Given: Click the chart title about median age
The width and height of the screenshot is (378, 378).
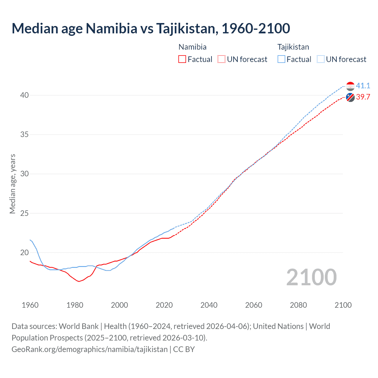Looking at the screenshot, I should tap(151, 28).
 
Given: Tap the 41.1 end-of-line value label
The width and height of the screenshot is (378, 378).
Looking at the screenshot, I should tap(363, 86).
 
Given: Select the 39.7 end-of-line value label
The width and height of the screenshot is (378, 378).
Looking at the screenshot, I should tap(363, 97).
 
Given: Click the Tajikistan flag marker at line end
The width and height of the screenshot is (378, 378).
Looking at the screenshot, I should tap(350, 86).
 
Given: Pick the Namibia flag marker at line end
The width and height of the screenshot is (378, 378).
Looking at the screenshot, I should tap(350, 97).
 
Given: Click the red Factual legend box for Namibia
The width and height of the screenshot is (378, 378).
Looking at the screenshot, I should tap(182, 59).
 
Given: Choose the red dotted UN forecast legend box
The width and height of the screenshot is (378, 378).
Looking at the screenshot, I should tap(221, 59).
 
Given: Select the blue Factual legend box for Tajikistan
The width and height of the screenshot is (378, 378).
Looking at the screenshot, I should tap(281, 59).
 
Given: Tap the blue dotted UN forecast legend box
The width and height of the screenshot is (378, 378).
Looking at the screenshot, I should tap(320, 59).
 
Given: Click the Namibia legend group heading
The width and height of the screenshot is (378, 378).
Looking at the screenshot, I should tap(193, 47).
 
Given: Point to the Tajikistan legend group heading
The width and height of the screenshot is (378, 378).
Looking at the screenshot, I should tap(293, 47).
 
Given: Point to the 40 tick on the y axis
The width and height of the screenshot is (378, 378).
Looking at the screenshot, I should tap(25, 95).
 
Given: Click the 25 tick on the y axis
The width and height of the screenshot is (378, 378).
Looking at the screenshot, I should tap(25, 213).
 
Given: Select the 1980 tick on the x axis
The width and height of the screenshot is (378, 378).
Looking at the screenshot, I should tap(75, 305).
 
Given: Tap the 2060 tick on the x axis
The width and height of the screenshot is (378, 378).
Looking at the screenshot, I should tap(254, 305).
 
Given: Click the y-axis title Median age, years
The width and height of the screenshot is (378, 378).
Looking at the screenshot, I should tap(12, 184).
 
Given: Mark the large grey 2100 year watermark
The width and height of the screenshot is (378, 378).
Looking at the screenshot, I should tap(312, 277).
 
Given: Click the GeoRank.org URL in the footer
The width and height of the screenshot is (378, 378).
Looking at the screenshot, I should tap(89, 349).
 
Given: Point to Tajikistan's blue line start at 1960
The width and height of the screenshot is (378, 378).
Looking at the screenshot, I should tap(30, 240).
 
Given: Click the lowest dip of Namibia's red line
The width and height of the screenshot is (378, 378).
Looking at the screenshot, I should tap(79, 281).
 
